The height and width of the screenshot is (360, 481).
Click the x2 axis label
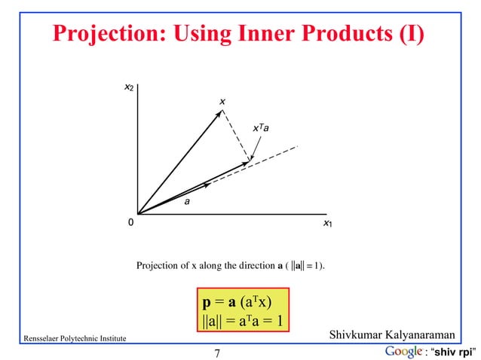pos(130,89)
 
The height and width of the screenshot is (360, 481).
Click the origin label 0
pos(130,224)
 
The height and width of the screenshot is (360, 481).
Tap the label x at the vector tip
pos(222,101)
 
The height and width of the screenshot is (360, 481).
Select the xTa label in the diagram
pos(261,130)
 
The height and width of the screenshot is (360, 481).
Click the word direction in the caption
pos(254,265)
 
